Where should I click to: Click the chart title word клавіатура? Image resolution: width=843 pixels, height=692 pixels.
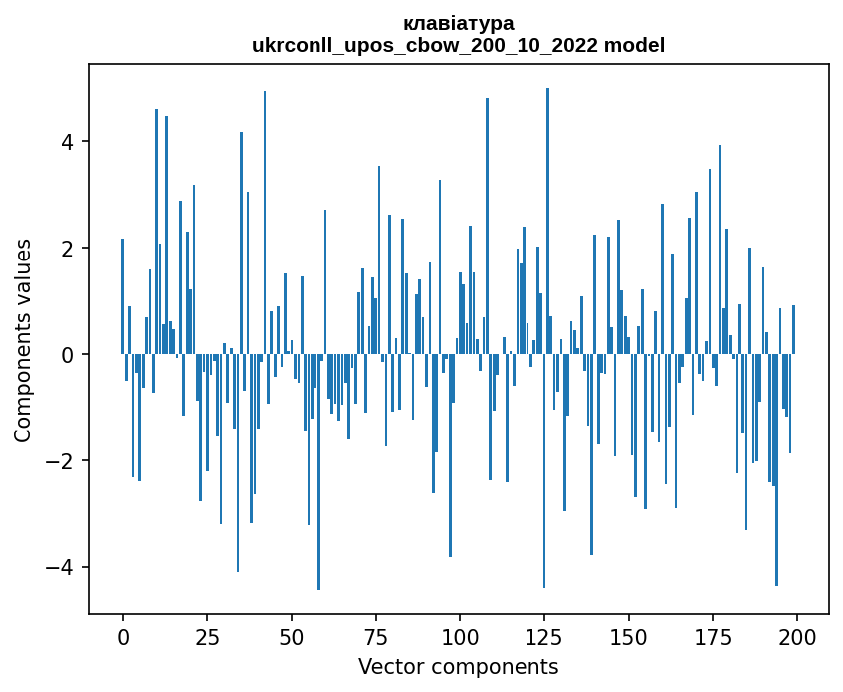[459, 23]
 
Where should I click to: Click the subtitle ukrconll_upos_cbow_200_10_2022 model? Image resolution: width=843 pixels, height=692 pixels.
[459, 45]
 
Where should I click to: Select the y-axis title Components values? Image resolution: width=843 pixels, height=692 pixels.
[23, 340]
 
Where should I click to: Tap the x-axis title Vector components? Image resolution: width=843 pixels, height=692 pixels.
[459, 666]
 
